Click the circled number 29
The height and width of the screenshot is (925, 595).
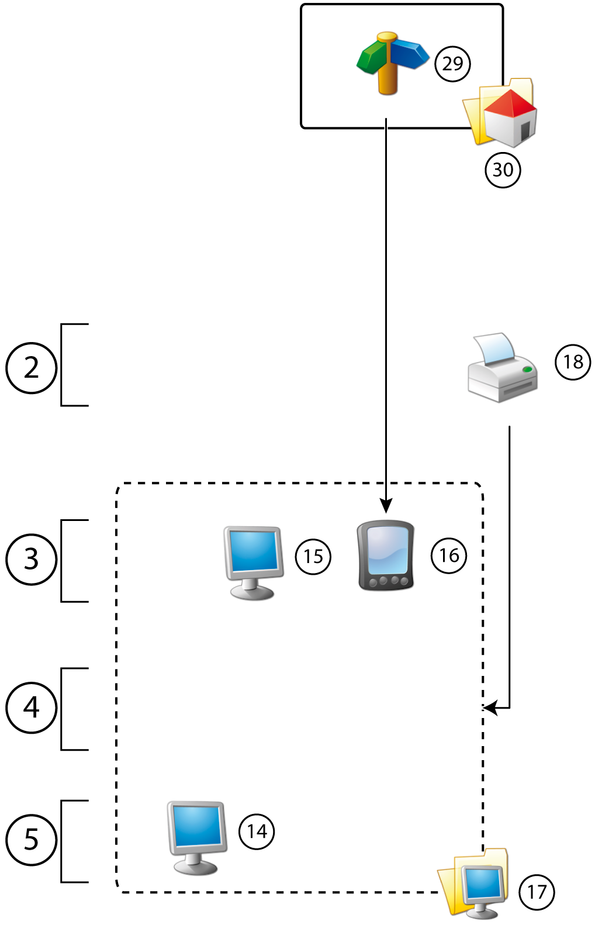coord(452,63)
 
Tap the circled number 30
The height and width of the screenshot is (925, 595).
coord(503,170)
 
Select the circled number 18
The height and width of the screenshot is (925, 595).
coord(573,362)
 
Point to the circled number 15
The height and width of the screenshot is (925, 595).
coord(313,556)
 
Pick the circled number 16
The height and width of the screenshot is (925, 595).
coord(449,555)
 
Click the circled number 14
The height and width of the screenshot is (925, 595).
coord(257,831)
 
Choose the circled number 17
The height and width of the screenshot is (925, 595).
coord(537,892)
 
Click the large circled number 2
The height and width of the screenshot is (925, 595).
coord(31,368)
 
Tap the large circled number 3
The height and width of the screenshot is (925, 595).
coord(31,559)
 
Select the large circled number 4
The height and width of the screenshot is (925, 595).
coord(31,707)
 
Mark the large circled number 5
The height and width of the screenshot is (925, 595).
coord(31,840)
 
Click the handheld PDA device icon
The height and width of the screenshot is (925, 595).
coord(386,555)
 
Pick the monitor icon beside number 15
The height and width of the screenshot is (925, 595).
coord(253,561)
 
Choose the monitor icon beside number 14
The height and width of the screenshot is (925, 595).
coord(196,836)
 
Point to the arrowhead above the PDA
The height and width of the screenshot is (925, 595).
coord(386,506)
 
